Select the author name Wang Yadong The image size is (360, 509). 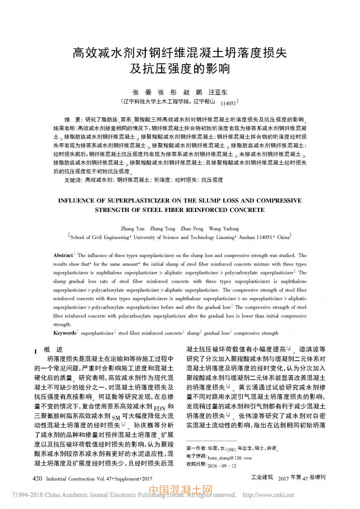coord(224,229)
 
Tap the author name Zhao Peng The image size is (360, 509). coord(193,229)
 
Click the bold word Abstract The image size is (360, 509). coord(63,255)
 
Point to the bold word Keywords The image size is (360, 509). coord(65,333)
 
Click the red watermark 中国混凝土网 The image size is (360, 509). coord(180,490)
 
